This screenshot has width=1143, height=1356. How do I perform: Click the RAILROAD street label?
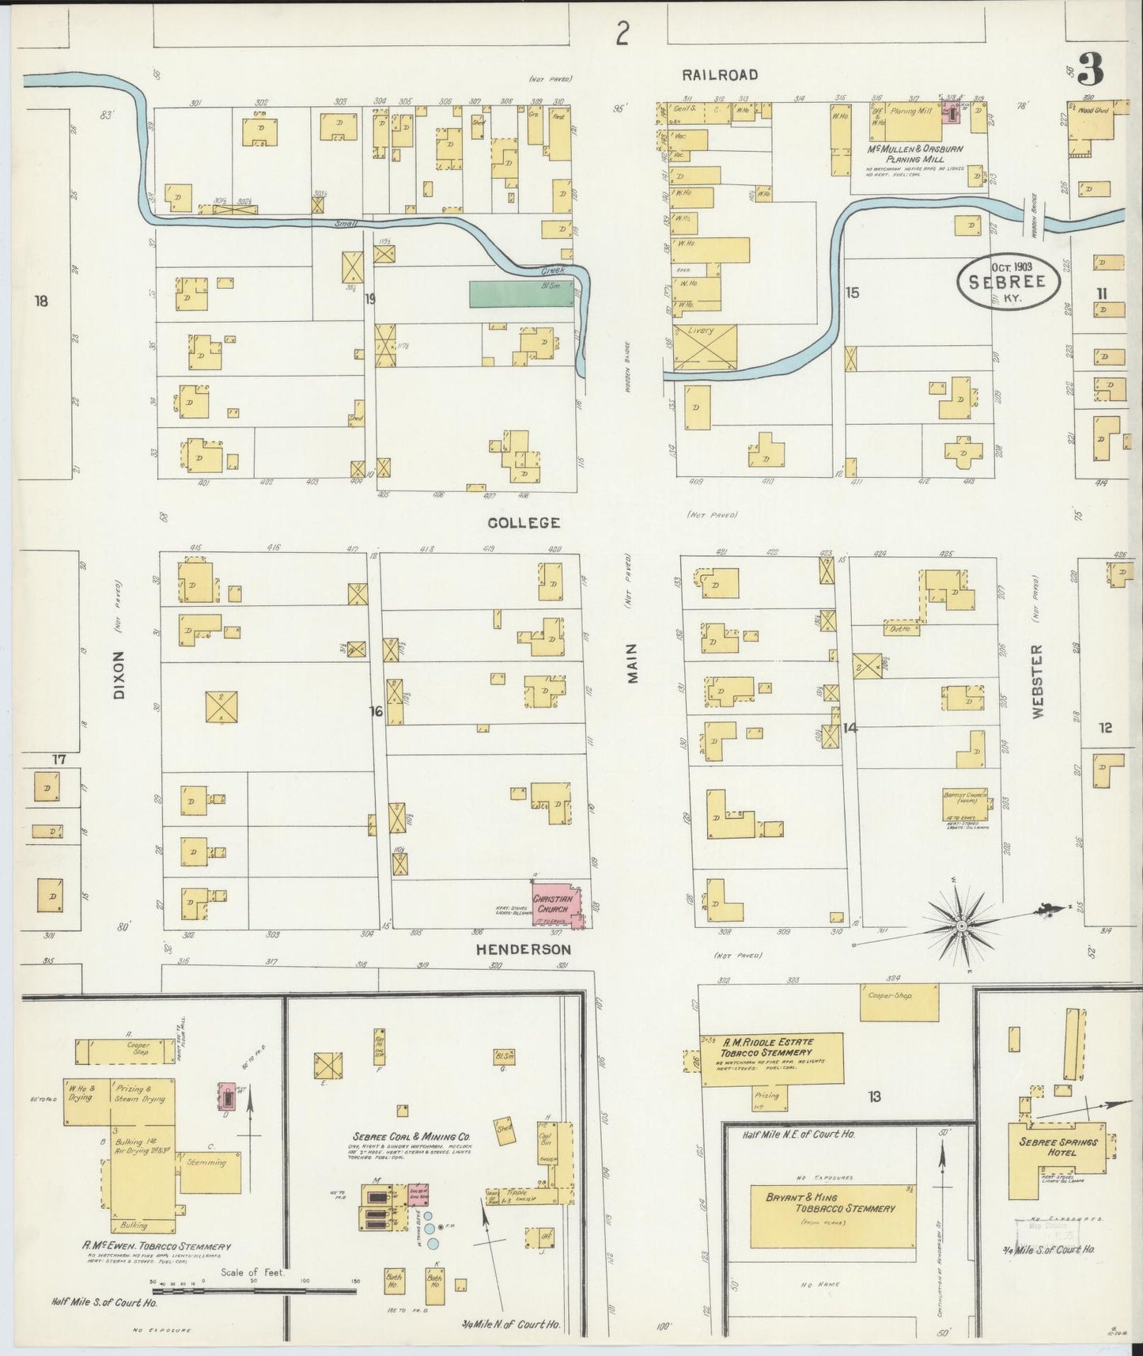tap(720, 74)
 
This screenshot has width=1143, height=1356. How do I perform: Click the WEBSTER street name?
tap(1038, 681)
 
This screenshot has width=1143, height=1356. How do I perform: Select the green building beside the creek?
tap(521, 294)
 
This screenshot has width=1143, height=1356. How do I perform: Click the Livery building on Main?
tap(705, 347)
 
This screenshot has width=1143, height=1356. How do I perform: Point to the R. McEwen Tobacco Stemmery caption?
tap(157, 1246)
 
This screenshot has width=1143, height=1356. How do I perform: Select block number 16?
tap(376, 712)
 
